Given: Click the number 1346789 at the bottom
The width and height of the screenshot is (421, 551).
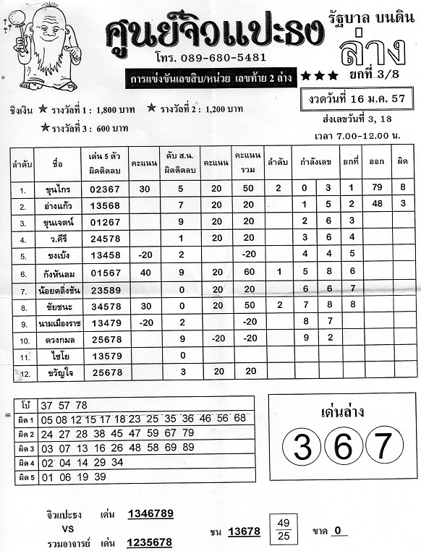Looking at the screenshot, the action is point(150,514).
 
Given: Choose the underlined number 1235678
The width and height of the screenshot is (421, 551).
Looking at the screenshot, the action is point(150,542).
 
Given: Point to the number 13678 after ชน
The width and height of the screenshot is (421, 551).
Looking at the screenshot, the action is point(243,531).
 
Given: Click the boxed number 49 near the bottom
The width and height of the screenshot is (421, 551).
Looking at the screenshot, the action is point(284,523).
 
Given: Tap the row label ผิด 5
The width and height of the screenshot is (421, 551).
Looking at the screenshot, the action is point(27,477).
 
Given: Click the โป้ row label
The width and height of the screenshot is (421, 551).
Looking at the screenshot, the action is point(27,405).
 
